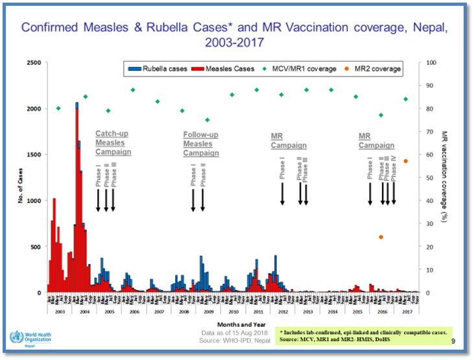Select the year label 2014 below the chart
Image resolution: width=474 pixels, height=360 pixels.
[x=333, y=312]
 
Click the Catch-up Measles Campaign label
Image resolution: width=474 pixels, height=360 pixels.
[x=113, y=143]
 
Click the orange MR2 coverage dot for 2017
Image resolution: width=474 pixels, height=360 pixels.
[x=406, y=161]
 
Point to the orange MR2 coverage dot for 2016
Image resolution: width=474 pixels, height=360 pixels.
[x=381, y=237]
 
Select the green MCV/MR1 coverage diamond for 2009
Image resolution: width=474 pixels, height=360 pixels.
[x=207, y=120]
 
